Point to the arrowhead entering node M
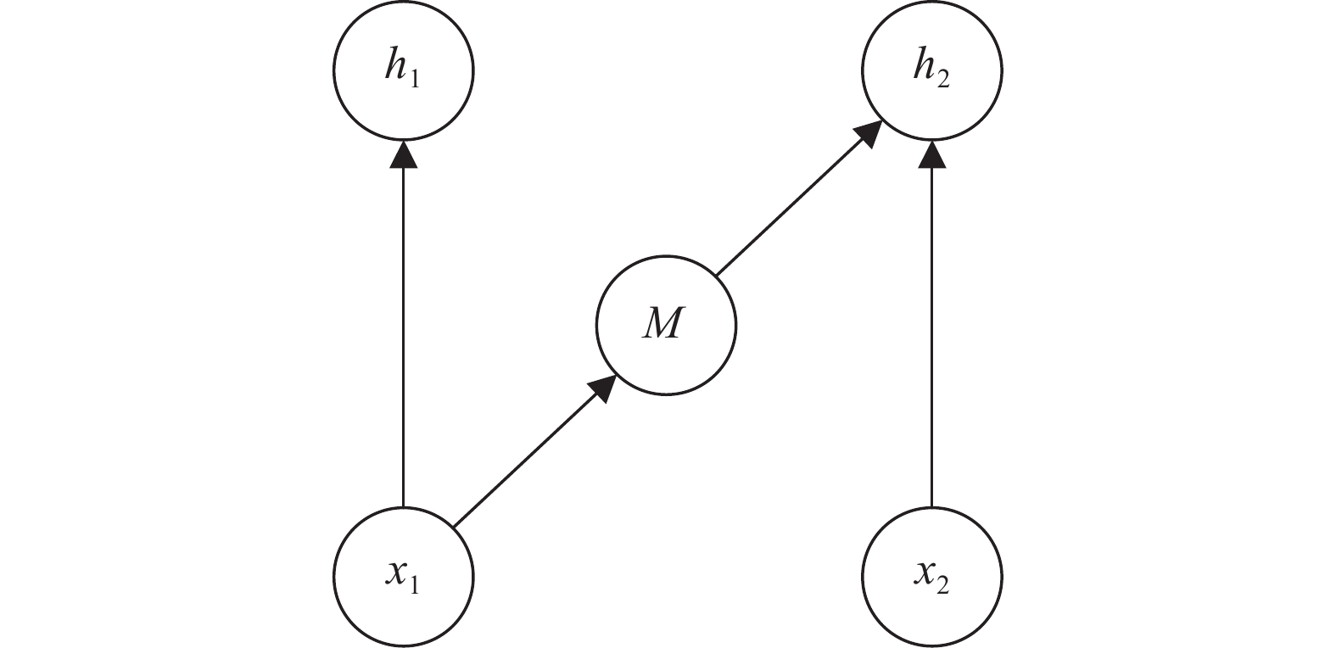point(604,388)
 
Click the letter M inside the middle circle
point(662,324)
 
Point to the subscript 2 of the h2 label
point(943,79)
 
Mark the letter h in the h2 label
point(925,65)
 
